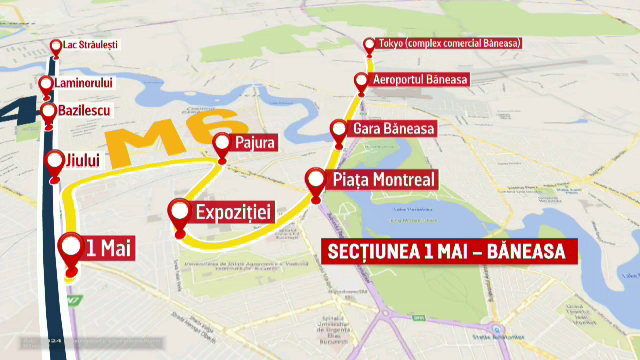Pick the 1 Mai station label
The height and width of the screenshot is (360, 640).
(110, 247)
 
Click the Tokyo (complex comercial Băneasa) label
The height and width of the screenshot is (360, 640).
(455, 45)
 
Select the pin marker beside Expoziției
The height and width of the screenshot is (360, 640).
(180, 213)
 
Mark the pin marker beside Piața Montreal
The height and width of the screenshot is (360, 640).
(316, 181)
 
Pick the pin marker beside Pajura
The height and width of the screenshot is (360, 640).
(221, 145)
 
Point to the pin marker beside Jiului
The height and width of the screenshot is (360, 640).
(55, 163)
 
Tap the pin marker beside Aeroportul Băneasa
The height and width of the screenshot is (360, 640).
(361, 82)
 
